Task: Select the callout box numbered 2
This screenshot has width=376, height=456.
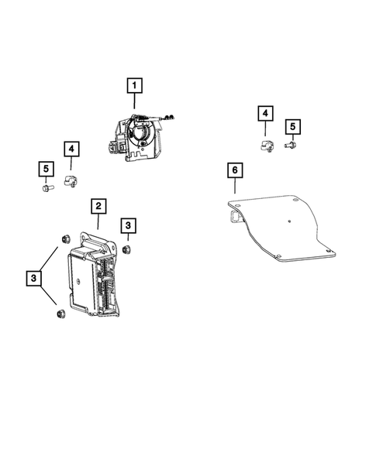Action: point(98,206)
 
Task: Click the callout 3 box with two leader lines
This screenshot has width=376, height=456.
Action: point(34,277)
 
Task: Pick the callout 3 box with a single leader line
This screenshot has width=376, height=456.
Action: point(128,225)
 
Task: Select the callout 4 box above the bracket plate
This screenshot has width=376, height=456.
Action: point(264,115)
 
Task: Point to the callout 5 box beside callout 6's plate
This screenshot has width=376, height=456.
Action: point(292,125)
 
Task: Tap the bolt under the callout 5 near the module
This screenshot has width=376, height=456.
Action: point(46,186)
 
